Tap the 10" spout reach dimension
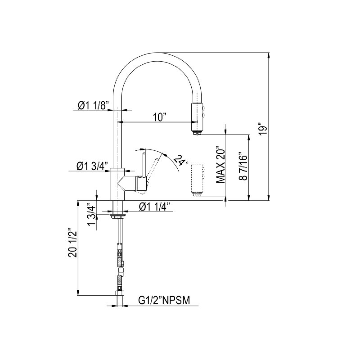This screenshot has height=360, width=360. (x=160, y=117)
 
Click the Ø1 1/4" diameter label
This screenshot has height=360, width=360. (x=154, y=207)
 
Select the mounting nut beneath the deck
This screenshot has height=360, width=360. (x=117, y=216)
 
